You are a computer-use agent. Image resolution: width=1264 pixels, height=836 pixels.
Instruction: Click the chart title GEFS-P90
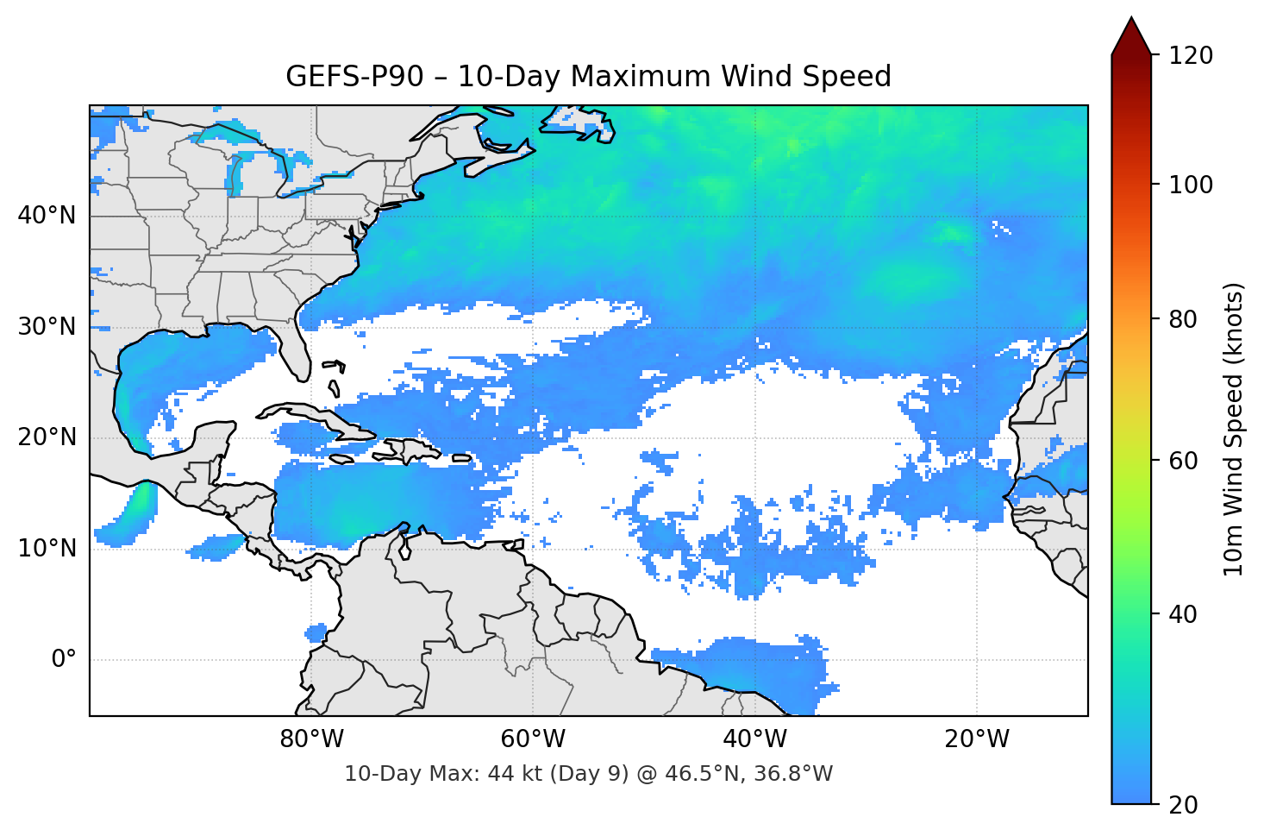click(x=588, y=77)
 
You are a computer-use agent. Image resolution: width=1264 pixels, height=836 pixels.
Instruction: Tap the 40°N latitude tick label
click(x=47, y=216)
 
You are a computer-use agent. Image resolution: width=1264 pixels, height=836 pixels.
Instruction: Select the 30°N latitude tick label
click(x=47, y=327)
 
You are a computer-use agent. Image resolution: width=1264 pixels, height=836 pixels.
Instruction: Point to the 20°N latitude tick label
click(x=47, y=437)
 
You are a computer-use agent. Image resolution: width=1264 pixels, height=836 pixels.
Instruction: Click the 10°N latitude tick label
click(x=47, y=549)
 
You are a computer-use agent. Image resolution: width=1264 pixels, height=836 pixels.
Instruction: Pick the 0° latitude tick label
click(x=64, y=660)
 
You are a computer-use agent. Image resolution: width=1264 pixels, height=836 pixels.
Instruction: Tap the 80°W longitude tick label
click(x=311, y=739)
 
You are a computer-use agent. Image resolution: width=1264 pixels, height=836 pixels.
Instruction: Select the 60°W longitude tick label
click(x=533, y=739)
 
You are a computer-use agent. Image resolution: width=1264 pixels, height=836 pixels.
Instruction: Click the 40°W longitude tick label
click(x=754, y=739)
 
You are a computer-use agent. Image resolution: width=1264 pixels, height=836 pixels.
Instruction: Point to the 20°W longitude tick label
click(x=977, y=739)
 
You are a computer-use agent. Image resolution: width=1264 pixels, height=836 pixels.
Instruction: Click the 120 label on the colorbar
click(x=1191, y=56)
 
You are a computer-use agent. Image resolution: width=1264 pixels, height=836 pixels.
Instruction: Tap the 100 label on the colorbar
click(x=1191, y=185)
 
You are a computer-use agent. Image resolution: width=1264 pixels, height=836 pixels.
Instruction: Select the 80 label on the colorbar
click(x=1183, y=319)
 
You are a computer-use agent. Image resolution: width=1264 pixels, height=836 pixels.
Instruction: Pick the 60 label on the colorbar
click(x=1183, y=461)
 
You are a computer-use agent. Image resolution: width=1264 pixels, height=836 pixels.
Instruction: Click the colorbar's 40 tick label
click(x=1183, y=614)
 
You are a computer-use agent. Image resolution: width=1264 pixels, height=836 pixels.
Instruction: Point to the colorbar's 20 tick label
click(x=1183, y=805)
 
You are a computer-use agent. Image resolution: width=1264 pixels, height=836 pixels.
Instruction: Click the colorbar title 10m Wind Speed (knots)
click(x=1234, y=429)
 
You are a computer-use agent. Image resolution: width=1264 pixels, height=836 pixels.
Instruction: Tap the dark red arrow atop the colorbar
click(x=1131, y=37)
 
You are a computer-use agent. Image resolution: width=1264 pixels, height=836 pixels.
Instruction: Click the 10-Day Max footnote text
click(x=588, y=774)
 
